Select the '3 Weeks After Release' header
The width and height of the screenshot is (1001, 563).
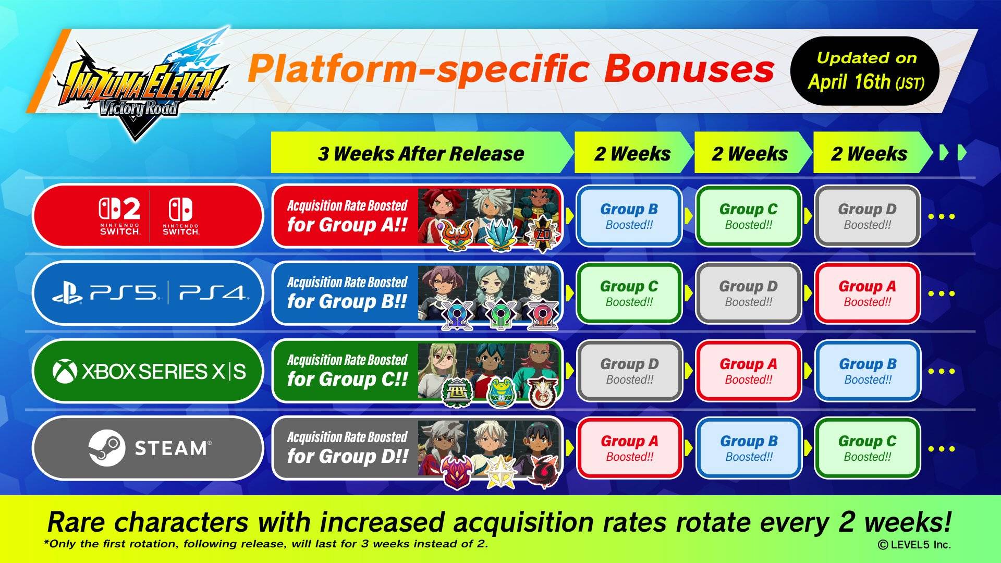pos(421,153)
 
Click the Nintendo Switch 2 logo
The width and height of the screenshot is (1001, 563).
pos(120,216)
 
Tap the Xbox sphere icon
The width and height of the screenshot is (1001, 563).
pos(65,372)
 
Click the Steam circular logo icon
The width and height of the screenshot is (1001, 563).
pos(107,448)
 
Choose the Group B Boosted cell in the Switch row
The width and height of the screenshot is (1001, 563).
pos(629,216)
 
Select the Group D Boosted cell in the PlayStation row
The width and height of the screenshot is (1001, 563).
pos(748,293)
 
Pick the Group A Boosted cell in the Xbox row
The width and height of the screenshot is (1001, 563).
pos(748,371)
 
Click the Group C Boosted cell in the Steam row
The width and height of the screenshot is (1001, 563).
pos(868,448)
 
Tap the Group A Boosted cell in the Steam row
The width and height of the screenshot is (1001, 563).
pos(629,448)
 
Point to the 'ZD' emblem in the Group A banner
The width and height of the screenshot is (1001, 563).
pos(543,235)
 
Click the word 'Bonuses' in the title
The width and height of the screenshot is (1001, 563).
pos(689,69)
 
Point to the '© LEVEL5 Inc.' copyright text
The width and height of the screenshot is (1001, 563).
pos(914,545)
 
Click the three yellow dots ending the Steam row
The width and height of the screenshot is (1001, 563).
pos(942,448)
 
